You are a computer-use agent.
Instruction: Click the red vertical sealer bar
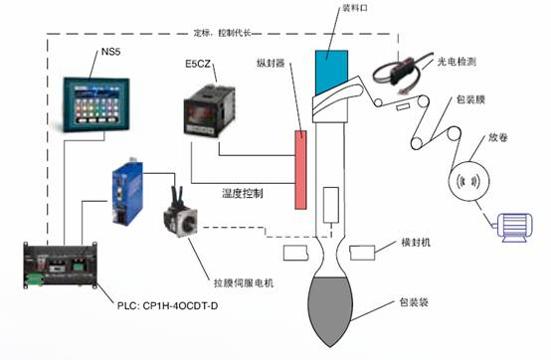298,168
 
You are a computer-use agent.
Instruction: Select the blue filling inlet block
329,68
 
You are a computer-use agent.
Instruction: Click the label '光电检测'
459,62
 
